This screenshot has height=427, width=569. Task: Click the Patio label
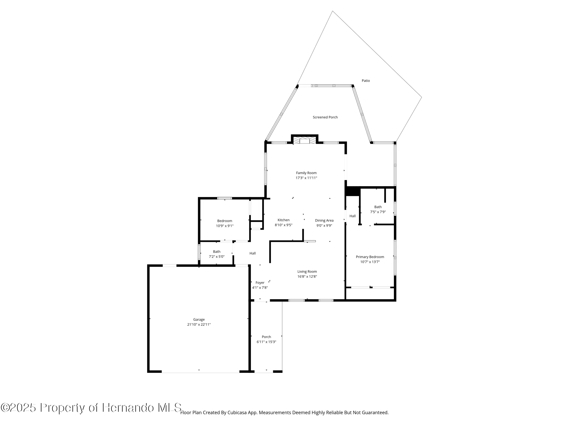point(366,81)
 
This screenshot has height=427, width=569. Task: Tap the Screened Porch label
point(325,117)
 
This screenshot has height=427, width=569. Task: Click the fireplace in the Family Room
point(305,140)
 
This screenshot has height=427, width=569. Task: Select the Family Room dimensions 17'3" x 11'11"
point(306,178)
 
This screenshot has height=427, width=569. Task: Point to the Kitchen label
point(283,220)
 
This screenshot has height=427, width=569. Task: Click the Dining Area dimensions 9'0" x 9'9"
point(324,226)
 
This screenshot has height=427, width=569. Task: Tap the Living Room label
point(307,272)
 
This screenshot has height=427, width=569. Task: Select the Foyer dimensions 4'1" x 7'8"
point(260,288)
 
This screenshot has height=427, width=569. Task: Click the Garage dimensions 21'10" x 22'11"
point(199,324)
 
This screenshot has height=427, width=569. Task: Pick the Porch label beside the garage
point(266,337)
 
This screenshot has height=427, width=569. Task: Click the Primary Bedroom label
point(370,257)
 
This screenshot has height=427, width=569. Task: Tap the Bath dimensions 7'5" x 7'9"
point(378,212)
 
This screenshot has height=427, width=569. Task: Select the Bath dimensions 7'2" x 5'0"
point(216,257)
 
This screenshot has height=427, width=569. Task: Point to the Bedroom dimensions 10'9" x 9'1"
point(224,226)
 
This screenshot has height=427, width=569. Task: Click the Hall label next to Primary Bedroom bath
point(352,216)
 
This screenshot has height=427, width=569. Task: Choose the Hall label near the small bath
point(252,253)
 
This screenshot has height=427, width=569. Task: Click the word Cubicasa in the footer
point(237,413)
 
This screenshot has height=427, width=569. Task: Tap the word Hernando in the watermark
point(128,408)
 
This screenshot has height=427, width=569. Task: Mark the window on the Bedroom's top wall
point(224,198)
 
